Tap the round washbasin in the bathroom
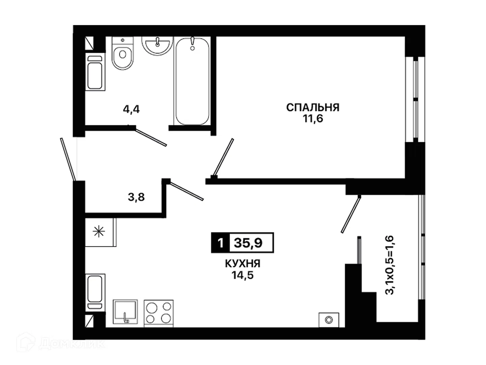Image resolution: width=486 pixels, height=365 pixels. click(157, 45)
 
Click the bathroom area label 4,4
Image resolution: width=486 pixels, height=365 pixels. click(131, 109)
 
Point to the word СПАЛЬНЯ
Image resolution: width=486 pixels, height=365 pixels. click(313, 107)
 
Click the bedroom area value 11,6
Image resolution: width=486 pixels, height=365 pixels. click(313, 119)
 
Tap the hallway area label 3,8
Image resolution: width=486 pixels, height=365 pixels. click(136, 197)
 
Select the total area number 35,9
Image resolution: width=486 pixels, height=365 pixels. click(248, 243)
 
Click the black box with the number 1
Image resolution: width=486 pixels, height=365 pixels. click(220, 243)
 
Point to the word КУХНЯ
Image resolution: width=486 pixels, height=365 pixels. click(243, 264)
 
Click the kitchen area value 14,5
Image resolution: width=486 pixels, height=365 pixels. click(242, 275)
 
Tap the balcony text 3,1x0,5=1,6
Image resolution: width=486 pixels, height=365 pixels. click(389, 265)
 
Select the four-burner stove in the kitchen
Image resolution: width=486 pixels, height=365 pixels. click(159, 313)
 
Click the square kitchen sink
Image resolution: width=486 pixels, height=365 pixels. click(125, 312)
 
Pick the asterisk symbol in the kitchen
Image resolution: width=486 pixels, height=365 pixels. click(99, 232)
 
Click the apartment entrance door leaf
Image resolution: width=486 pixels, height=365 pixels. click(68, 159)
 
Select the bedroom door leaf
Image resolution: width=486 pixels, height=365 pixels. click(223, 157)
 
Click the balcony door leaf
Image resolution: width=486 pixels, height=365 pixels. click(351, 214)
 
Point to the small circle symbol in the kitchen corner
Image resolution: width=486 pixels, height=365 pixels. click(329, 320)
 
